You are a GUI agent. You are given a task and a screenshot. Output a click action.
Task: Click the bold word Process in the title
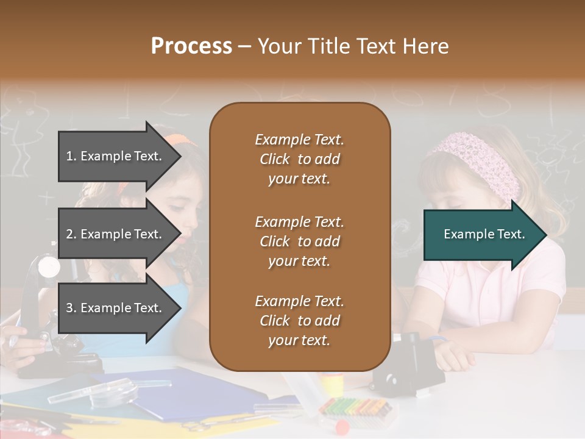click(x=191, y=46)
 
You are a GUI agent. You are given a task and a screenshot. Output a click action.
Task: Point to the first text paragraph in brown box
click(x=299, y=159)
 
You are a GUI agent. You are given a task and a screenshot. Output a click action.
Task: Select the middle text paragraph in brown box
click(x=299, y=241)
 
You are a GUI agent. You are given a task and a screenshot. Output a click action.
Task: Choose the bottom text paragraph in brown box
click(x=299, y=321)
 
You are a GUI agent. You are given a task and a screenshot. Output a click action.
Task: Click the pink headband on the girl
click(x=481, y=159)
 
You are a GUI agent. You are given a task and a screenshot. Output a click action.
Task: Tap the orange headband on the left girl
click(x=183, y=139)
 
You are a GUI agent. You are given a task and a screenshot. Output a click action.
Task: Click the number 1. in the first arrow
click(x=71, y=156)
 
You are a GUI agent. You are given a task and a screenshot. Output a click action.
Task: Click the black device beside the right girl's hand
click(x=405, y=366)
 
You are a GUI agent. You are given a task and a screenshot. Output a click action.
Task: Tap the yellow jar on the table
click(x=333, y=384)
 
